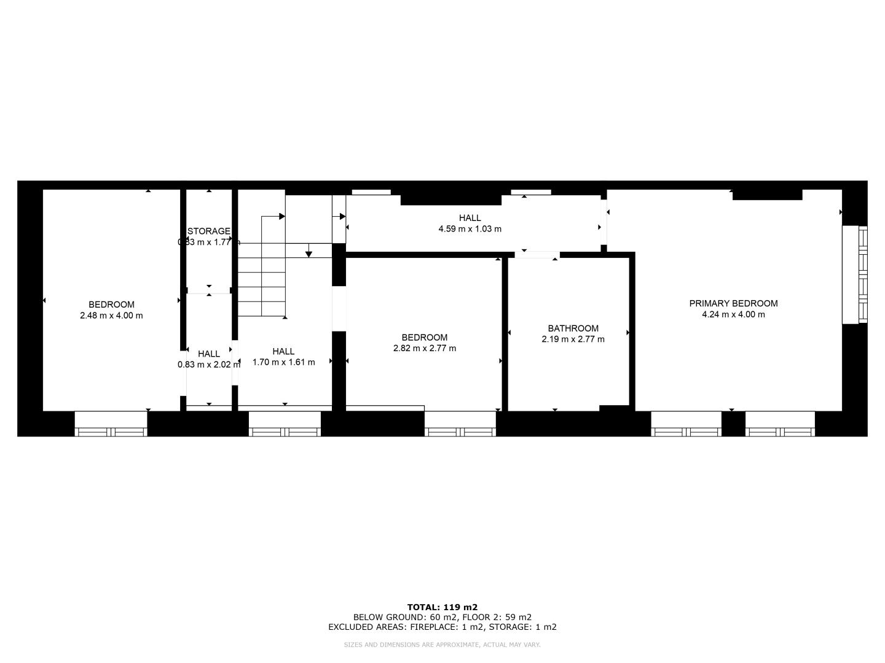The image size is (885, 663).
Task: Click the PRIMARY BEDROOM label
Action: click(733, 303)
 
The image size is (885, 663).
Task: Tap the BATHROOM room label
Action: click(573, 328)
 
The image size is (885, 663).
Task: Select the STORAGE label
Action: click(209, 231)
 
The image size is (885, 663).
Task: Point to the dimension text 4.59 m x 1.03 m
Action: click(470, 229)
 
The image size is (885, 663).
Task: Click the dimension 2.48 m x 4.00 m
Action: click(111, 316)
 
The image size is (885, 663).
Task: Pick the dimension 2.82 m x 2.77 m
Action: click(425, 348)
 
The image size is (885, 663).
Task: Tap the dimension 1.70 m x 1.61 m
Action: click(283, 362)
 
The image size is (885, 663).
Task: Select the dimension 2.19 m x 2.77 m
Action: click(573, 339)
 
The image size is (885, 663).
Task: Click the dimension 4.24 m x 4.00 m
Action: click(733, 314)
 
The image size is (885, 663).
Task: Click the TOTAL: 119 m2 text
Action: click(442, 607)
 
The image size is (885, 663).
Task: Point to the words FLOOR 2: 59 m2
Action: click(497, 617)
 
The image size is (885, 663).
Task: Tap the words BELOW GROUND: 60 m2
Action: click(405, 617)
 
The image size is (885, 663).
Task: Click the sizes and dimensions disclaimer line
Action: click(442, 645)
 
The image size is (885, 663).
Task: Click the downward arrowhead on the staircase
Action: click(309, 254)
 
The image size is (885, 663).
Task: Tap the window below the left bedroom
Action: click(111, 424)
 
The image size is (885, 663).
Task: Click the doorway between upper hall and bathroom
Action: click(537, 255)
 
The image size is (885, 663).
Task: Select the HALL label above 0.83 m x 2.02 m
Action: click(209, 354)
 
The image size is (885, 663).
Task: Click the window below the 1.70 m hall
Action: click(285, 424)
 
